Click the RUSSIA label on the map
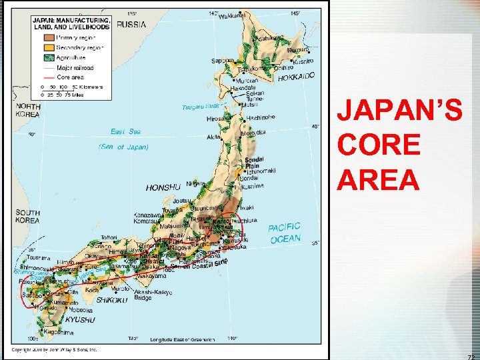(x=132, y=24)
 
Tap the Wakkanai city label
(x=231, y=15)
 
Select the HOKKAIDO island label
(x=296, y=77)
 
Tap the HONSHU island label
(x=163, y=187)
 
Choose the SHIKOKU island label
(x=111, y=300)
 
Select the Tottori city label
(x=109, y=237)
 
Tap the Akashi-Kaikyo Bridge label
(x=153, y=295)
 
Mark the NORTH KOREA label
(x=29, y=110)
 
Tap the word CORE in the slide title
(x=379, y=145)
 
